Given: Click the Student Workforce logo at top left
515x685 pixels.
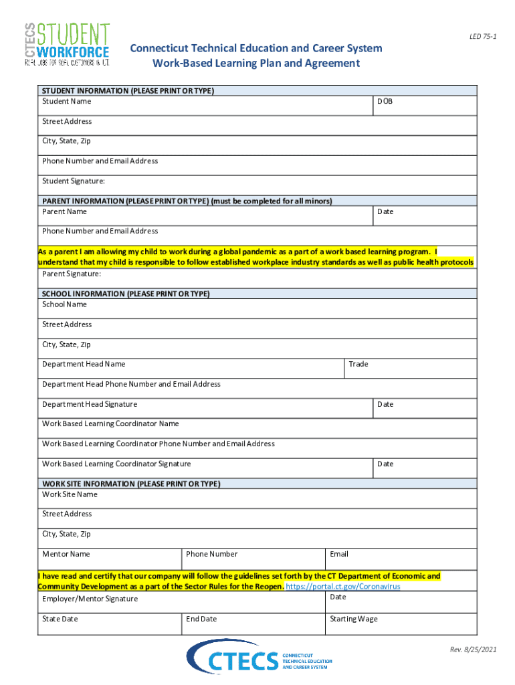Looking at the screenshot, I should tap(67, 44).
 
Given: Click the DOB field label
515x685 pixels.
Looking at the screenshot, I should tap(385, 102).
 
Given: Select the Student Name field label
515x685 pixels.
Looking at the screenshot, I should tap(67, 102).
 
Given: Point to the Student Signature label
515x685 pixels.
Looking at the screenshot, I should tap(74, 181).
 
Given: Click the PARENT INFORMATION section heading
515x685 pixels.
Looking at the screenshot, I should tap(187, 201).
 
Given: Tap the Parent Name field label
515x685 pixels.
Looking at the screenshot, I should tap(64, 212).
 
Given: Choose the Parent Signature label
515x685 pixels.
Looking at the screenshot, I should tap(72, 274).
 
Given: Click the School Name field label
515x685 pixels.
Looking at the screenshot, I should tap(64, 304).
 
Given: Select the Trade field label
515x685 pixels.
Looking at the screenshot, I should tap(358, 365).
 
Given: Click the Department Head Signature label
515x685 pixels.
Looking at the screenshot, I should tap(90, 405).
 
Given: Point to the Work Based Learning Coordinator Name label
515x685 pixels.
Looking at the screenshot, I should tap(110, 424).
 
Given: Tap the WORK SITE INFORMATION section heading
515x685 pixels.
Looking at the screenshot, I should tap(131, 484).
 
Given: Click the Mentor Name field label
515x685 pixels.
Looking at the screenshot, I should tap(66, 555).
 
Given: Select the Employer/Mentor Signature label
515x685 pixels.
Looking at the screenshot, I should tap(90, 599).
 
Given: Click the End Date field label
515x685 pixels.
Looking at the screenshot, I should tap(201, 619).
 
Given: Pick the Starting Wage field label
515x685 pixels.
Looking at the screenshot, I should tap(353, 619).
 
